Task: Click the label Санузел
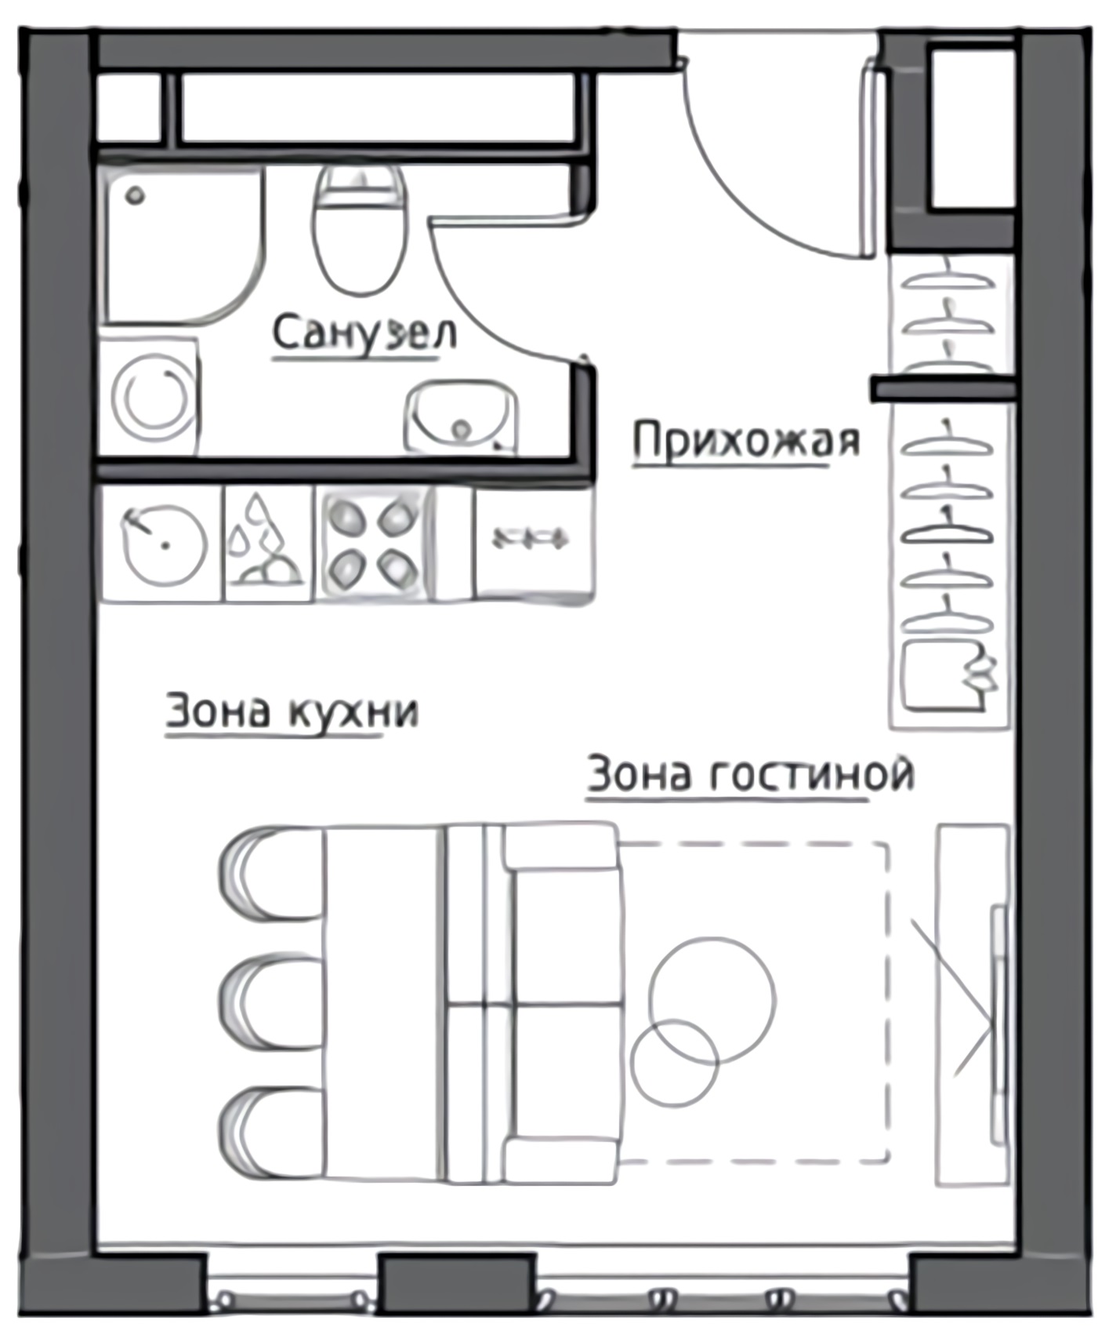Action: click(x=364, y=333)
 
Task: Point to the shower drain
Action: click(x=136, y=195)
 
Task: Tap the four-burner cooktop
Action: click(x=375, y=543)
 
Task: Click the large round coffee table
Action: click(x=712, y=999)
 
